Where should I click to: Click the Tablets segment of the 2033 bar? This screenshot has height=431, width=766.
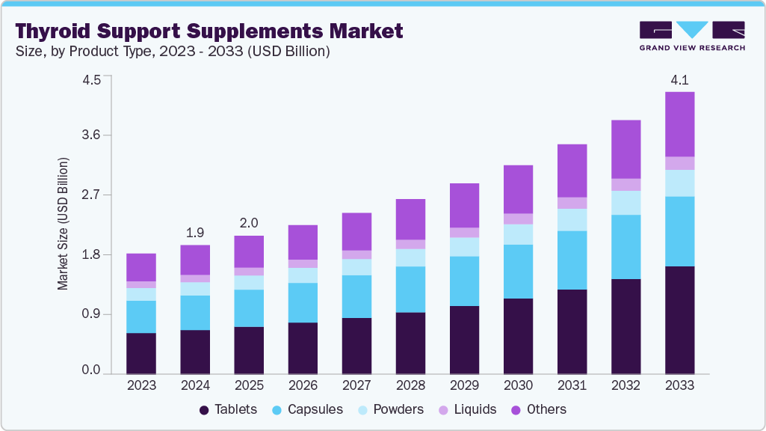[x=679, y=320]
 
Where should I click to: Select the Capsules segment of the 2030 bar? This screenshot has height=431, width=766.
[x=518, y=271]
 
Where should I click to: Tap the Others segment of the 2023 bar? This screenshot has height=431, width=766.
[x=141, y=267]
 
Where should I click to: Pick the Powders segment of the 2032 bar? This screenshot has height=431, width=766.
[x=626, y=203]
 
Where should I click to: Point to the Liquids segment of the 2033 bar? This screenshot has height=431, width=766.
[x=679, y=163]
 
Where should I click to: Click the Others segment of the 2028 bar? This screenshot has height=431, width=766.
[x=410, y=219]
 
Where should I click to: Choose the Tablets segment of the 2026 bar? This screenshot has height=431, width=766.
[x=303, y=348]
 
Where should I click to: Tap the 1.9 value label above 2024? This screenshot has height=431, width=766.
[x=195, y=231]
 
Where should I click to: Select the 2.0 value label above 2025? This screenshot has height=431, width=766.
[x=249, y=222]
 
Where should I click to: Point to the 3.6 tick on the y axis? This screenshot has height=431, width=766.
[x=92, y=135]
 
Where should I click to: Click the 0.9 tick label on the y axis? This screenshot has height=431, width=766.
[x=92, y=314]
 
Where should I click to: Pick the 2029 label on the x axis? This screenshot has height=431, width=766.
[x=464, y=386]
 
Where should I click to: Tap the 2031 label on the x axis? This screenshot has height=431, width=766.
[x=572, y=386]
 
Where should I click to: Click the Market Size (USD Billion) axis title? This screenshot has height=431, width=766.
[x=64, y=224]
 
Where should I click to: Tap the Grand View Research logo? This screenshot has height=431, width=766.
[x=691, y=35]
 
